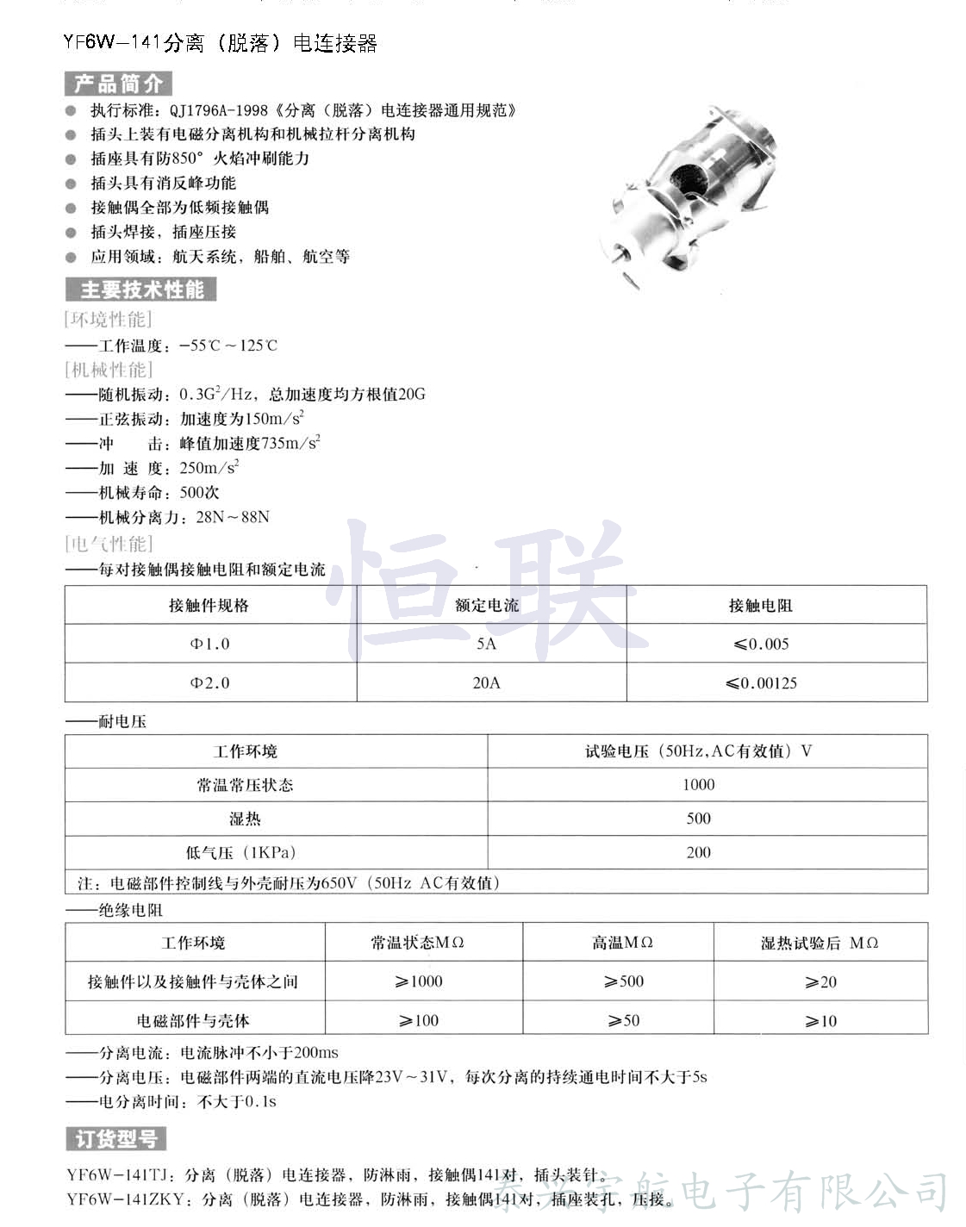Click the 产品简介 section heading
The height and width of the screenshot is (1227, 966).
(x=118, y=84)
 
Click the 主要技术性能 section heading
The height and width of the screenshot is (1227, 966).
(x=140, y=290)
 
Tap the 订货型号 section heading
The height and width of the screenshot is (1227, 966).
(x=115, y=1138)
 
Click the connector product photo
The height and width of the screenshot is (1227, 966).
(x=689, y=197)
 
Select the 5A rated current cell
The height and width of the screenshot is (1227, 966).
(x=486, y=644)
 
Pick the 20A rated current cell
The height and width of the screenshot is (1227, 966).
(x=486, y=682)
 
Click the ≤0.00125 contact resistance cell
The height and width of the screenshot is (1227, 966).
(x=761, y=683)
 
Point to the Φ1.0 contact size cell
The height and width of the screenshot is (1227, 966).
(x=209, y=644)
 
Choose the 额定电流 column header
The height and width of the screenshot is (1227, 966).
(x=487, y=605)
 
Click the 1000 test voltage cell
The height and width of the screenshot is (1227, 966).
(x=698, y=784)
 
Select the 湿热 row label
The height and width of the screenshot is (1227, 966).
(x=245, y=819)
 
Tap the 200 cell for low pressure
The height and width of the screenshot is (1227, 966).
(x=698, y=852)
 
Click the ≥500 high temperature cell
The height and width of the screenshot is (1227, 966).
(x=624, y=981)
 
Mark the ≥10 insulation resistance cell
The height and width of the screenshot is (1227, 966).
(x=820, y=1021)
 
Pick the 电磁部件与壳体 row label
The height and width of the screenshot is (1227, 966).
(x=193, y=1021)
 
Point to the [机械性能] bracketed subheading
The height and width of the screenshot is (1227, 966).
(x=109, y=370)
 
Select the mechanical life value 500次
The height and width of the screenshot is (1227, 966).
(x=199, y=492)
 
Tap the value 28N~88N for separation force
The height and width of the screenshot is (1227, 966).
(x=233, y=517)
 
